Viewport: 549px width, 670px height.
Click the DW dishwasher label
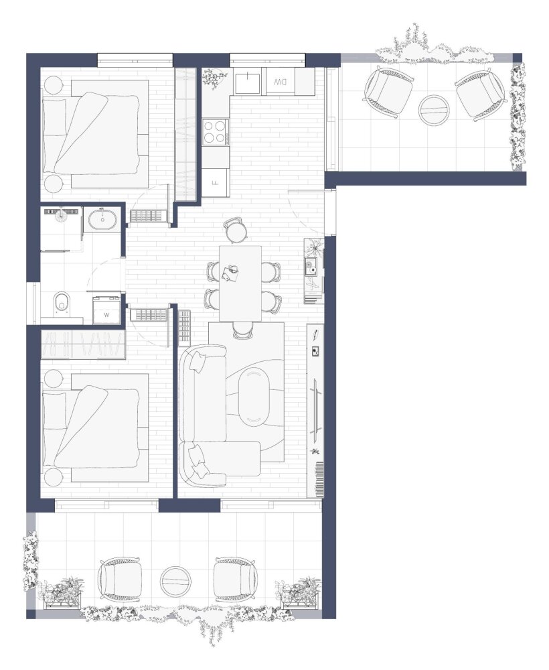(x=280, y=81)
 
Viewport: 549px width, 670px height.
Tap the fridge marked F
(x=216, y=182)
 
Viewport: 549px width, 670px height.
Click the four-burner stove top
(x=216, y=132)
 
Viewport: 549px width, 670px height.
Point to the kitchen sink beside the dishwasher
(x=247, y=83)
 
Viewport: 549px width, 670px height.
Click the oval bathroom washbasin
(x=102, y=220)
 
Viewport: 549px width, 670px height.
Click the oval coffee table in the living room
(x=254, y=397)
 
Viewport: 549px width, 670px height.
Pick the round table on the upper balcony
(x=434, y=110)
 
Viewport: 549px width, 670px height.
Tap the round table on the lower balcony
(x=175, y=582)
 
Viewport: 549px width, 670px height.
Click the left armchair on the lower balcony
(x=120, y=580)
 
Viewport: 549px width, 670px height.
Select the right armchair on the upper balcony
(x=481, y=94)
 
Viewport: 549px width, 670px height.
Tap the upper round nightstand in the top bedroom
(x=54, y=84)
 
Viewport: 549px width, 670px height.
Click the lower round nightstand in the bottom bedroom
(x=54, y=477)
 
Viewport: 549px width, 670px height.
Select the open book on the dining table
(x=230, y=273)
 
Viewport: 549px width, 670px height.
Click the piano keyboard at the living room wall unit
(x=319, y=479)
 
